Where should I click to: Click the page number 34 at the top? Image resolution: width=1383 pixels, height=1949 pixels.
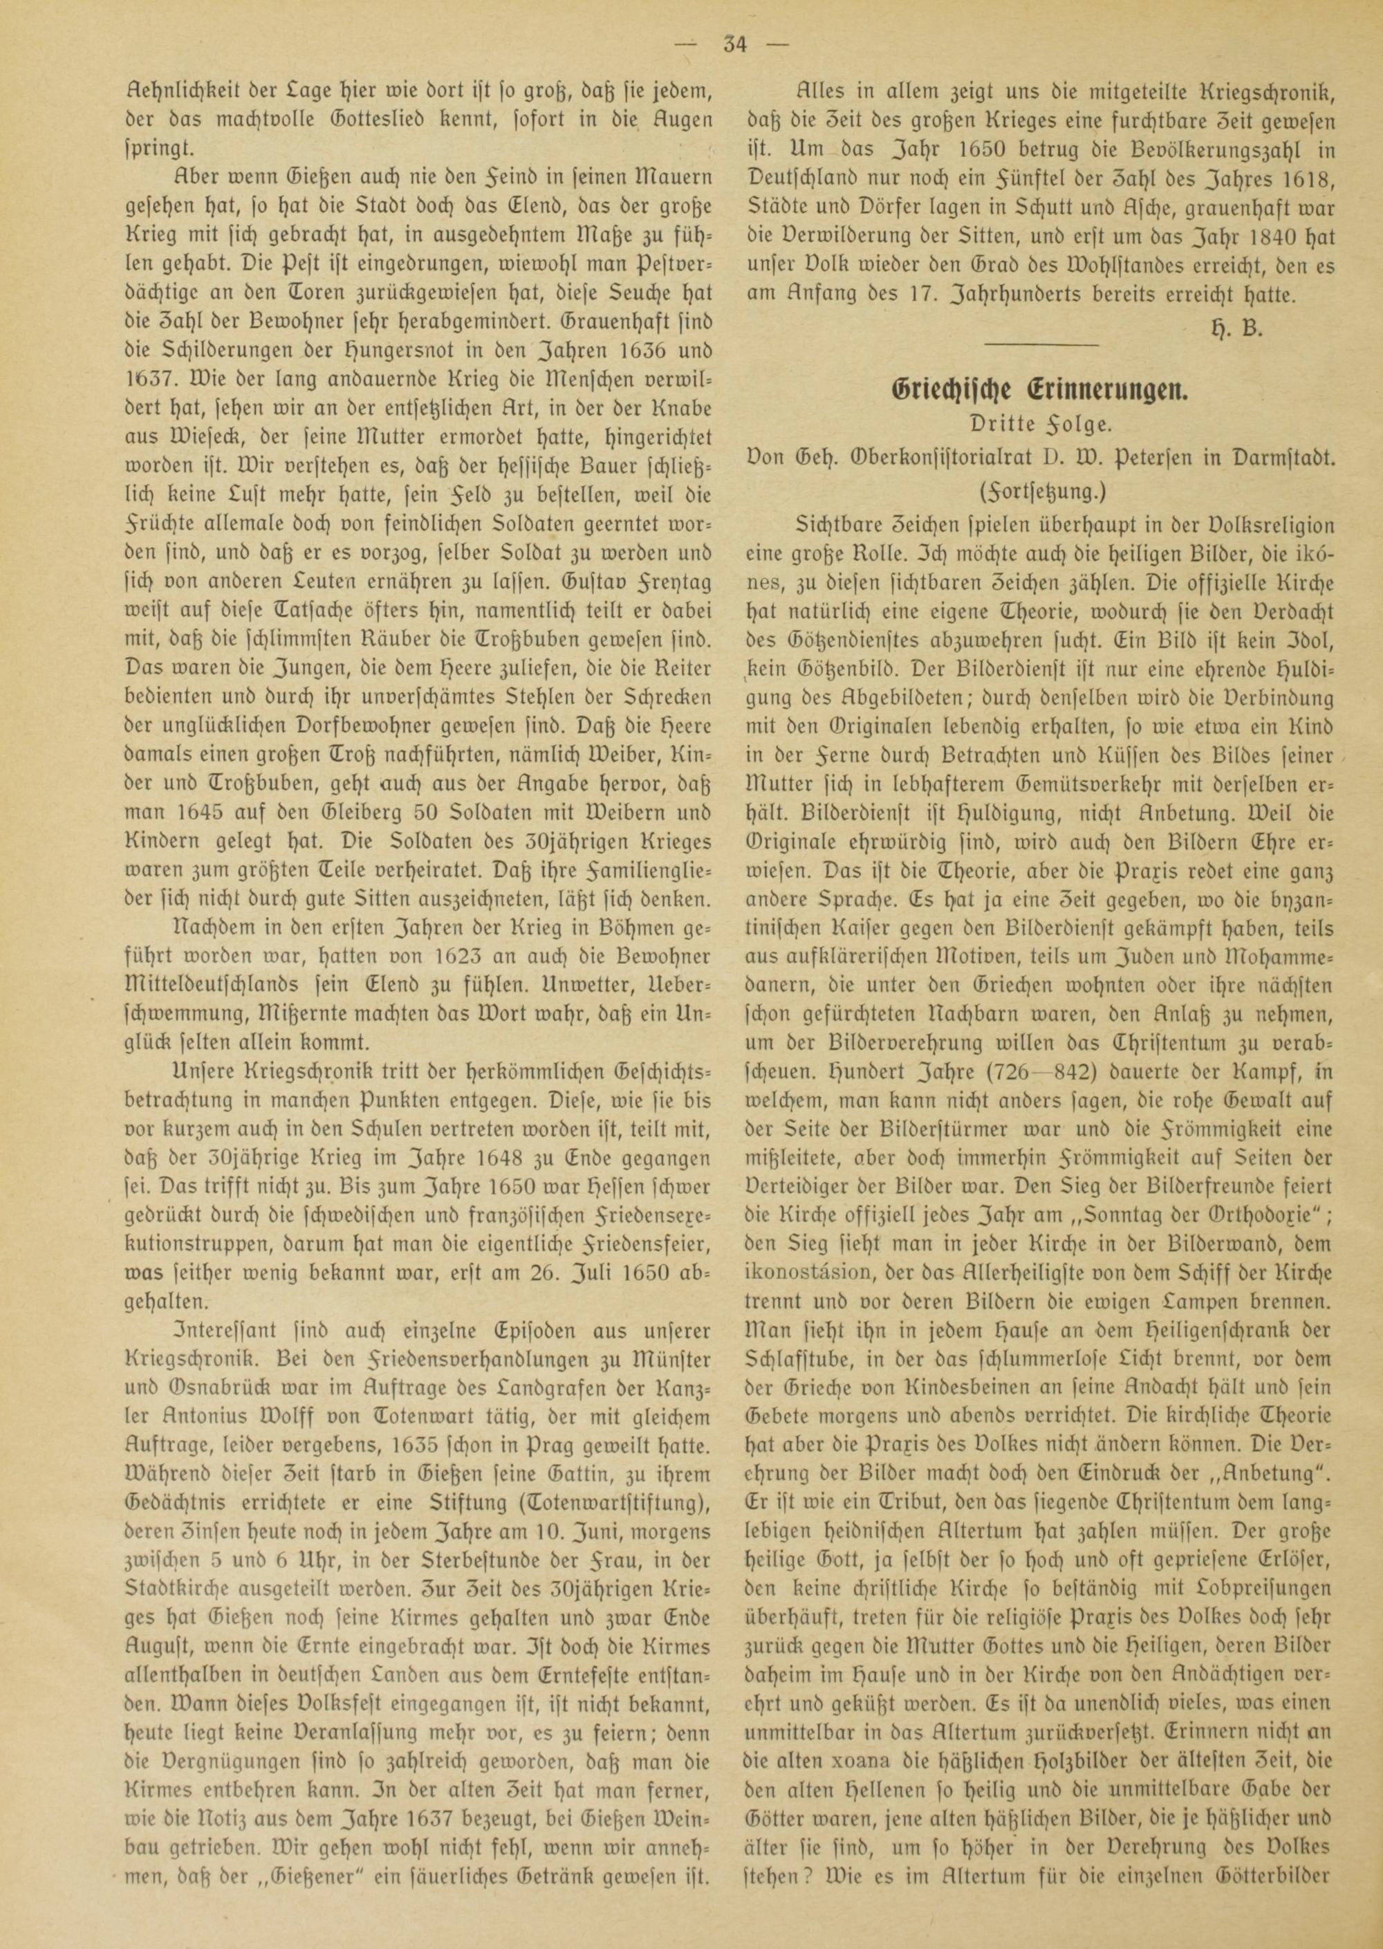pos(734,44)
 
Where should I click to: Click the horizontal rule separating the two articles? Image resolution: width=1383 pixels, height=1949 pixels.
pos(1041,344)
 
